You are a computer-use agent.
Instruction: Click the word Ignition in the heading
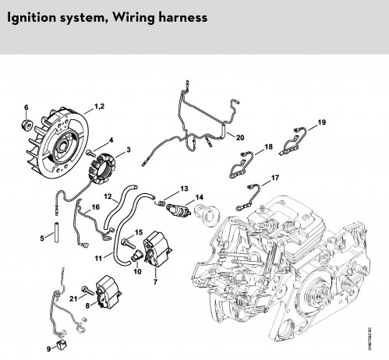(31, 18)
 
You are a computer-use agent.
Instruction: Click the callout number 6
(26, 108)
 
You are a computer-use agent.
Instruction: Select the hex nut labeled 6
(27, 124)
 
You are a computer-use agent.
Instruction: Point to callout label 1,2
(99, 106)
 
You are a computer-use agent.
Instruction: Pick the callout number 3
(128, 150)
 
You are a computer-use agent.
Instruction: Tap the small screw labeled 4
(90, 153)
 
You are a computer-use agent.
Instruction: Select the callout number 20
(240, 137)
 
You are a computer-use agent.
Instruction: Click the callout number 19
(322, 122)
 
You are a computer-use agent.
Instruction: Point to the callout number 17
(275, 178)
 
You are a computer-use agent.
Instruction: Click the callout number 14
(200, 197)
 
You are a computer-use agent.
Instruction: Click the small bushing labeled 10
(136, 255)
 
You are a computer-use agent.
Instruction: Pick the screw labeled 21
(88, 290)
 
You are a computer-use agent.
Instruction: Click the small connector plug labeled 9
(62, 344)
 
